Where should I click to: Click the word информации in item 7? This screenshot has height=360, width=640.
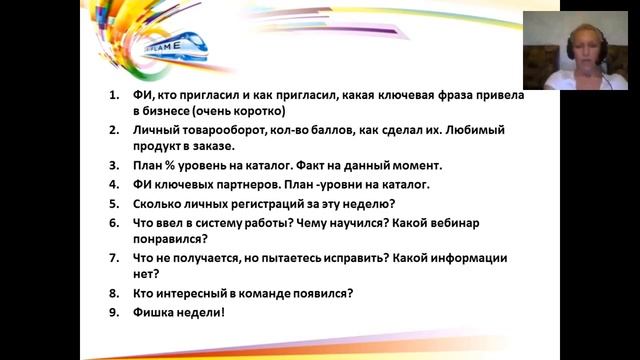pos(469,258)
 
